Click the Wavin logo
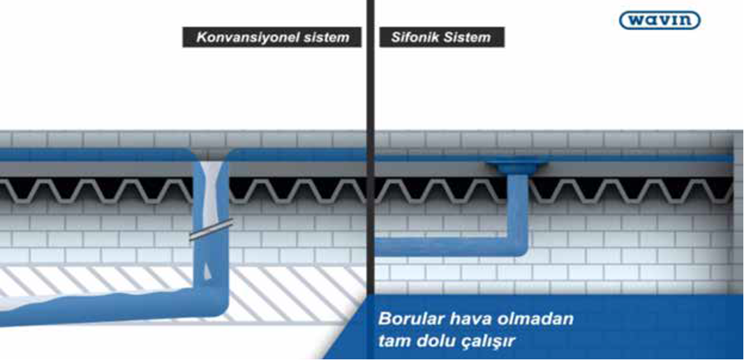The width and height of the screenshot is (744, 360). pyautogui.click(x=660, y=20)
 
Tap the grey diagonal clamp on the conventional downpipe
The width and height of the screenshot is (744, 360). pyautogui.click(x=211, y=230)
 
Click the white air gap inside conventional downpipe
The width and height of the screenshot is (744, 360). pyautogui.click(x=209, y=204)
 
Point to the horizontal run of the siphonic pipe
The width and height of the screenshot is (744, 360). pyautogui.click(x=441, y=247)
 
